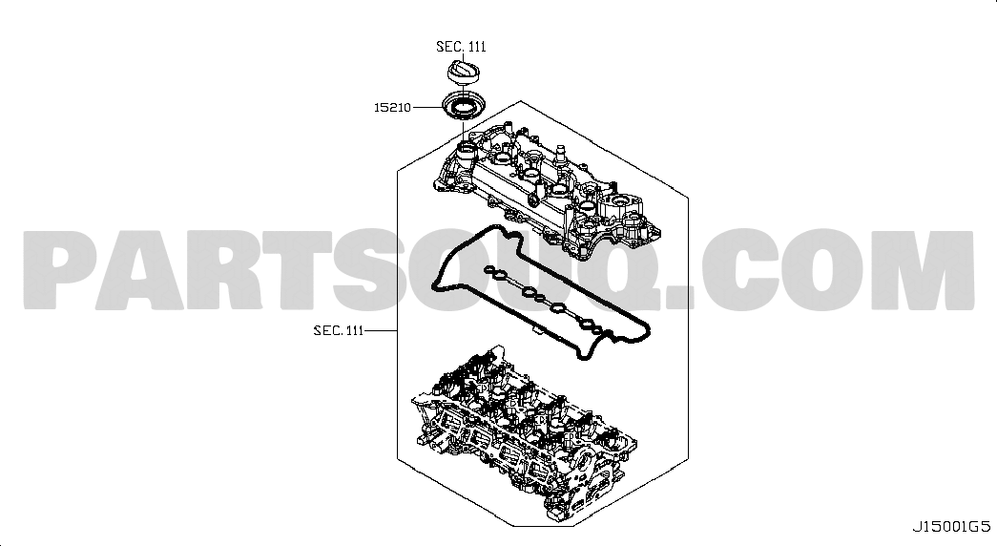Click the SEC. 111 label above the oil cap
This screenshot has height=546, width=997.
461,47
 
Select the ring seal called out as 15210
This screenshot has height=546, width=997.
460,107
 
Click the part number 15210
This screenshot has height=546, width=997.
392,108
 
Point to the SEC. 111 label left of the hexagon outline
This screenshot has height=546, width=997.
339,330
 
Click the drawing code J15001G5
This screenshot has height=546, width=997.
952,526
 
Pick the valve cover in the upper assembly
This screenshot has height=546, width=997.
547,190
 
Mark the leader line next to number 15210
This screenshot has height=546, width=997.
427,108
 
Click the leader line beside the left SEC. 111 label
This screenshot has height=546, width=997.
381,331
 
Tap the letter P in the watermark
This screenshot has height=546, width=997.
60,270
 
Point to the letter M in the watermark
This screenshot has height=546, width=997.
928,270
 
